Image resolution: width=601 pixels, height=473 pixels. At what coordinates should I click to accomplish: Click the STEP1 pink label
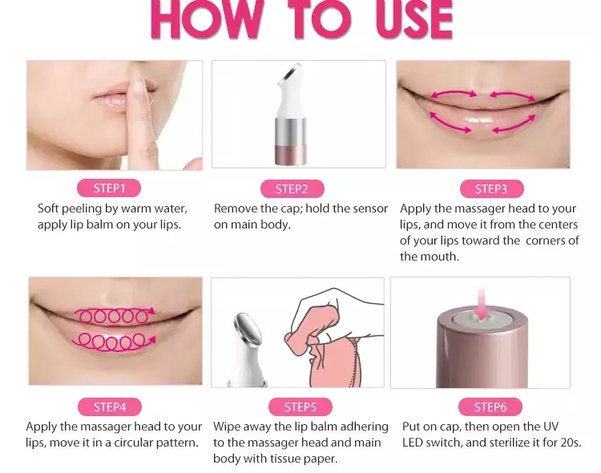pos(109,188)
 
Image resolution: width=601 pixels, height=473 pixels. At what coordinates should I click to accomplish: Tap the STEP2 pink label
pos(292,189)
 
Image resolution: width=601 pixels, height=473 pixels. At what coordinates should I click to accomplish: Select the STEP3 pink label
pos(491,189)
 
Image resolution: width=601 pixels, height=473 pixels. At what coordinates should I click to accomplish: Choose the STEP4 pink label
pos(110,407)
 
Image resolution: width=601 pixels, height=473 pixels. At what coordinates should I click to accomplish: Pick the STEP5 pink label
pos(300,407)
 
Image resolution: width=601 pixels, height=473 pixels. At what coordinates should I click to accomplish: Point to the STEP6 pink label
pos(490,407)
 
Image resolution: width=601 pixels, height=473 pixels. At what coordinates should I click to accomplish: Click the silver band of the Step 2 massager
pos(291,131)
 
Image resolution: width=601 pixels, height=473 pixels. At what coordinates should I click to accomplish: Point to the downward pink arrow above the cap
pos(482,303)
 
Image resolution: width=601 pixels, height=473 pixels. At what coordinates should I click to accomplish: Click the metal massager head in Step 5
pos(248,330)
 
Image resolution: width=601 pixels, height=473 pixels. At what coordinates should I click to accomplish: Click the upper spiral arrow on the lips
pos(115,316)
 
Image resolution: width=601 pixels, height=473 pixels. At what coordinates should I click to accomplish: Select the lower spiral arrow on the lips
pos(115,342)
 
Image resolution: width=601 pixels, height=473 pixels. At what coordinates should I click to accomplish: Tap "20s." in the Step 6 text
pos(571,443)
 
